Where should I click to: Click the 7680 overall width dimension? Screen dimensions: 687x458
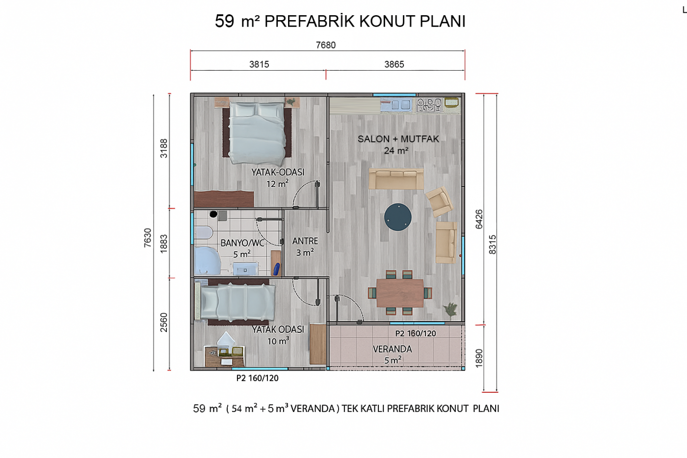(326, 45)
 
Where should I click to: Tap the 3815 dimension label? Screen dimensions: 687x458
(259, 64)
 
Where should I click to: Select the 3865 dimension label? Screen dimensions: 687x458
(394, 64)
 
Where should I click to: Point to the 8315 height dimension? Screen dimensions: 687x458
(492, 244)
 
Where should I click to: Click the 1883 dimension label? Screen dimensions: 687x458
(164, 243)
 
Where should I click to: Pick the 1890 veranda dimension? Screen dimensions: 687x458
(479, 358)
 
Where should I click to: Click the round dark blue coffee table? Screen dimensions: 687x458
(398, 217)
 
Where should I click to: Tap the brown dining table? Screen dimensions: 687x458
(400, 293)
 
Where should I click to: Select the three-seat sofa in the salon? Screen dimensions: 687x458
(396, 179)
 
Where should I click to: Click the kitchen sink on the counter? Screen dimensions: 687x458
(396, 105)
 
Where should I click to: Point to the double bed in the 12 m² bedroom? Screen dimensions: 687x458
(257, 132)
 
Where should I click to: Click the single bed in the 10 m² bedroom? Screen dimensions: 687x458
(235, 302)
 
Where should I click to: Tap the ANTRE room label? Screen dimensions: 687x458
(305, 241)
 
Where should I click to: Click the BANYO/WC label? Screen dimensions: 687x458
(242, 243)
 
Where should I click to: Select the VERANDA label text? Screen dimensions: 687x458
(392, 349)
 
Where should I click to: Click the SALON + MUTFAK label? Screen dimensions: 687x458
(398, 139)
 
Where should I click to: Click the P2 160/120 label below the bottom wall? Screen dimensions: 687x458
(257, 378)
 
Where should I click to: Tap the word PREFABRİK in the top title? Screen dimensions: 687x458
(310, 22)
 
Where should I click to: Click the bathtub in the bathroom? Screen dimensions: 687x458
(207, 261)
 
